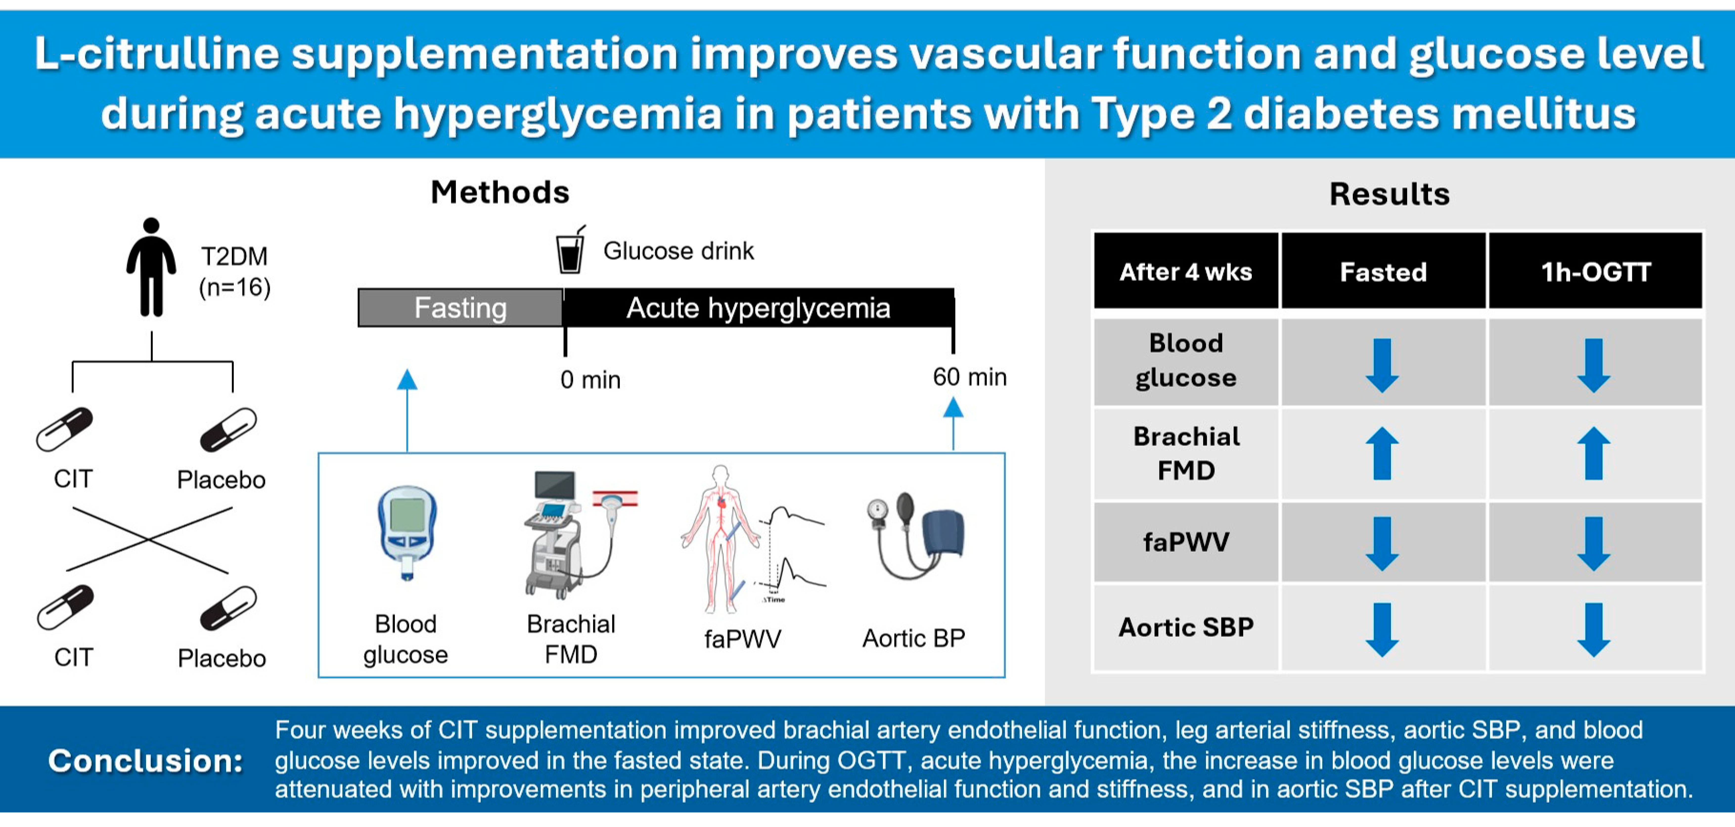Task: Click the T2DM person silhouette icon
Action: [x=152, y=267]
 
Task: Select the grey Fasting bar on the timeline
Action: [x=461, y=308]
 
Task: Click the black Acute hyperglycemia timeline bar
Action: [x=758, y=308]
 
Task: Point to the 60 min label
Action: [x=970, y=377]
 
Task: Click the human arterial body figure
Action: [x=721, y=539]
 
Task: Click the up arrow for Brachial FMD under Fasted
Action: [x=1382, y=453]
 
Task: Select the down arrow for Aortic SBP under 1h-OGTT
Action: [x=1594, y=630]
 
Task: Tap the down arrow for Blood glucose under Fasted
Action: [x=1382, y=366]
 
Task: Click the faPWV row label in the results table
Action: [x=1186, y=542]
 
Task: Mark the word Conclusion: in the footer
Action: [x=145, y=761]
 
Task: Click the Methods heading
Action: [x=500, y=193]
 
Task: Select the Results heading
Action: [x=1390, y=194]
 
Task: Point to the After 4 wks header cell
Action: [x=1186, y=271]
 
